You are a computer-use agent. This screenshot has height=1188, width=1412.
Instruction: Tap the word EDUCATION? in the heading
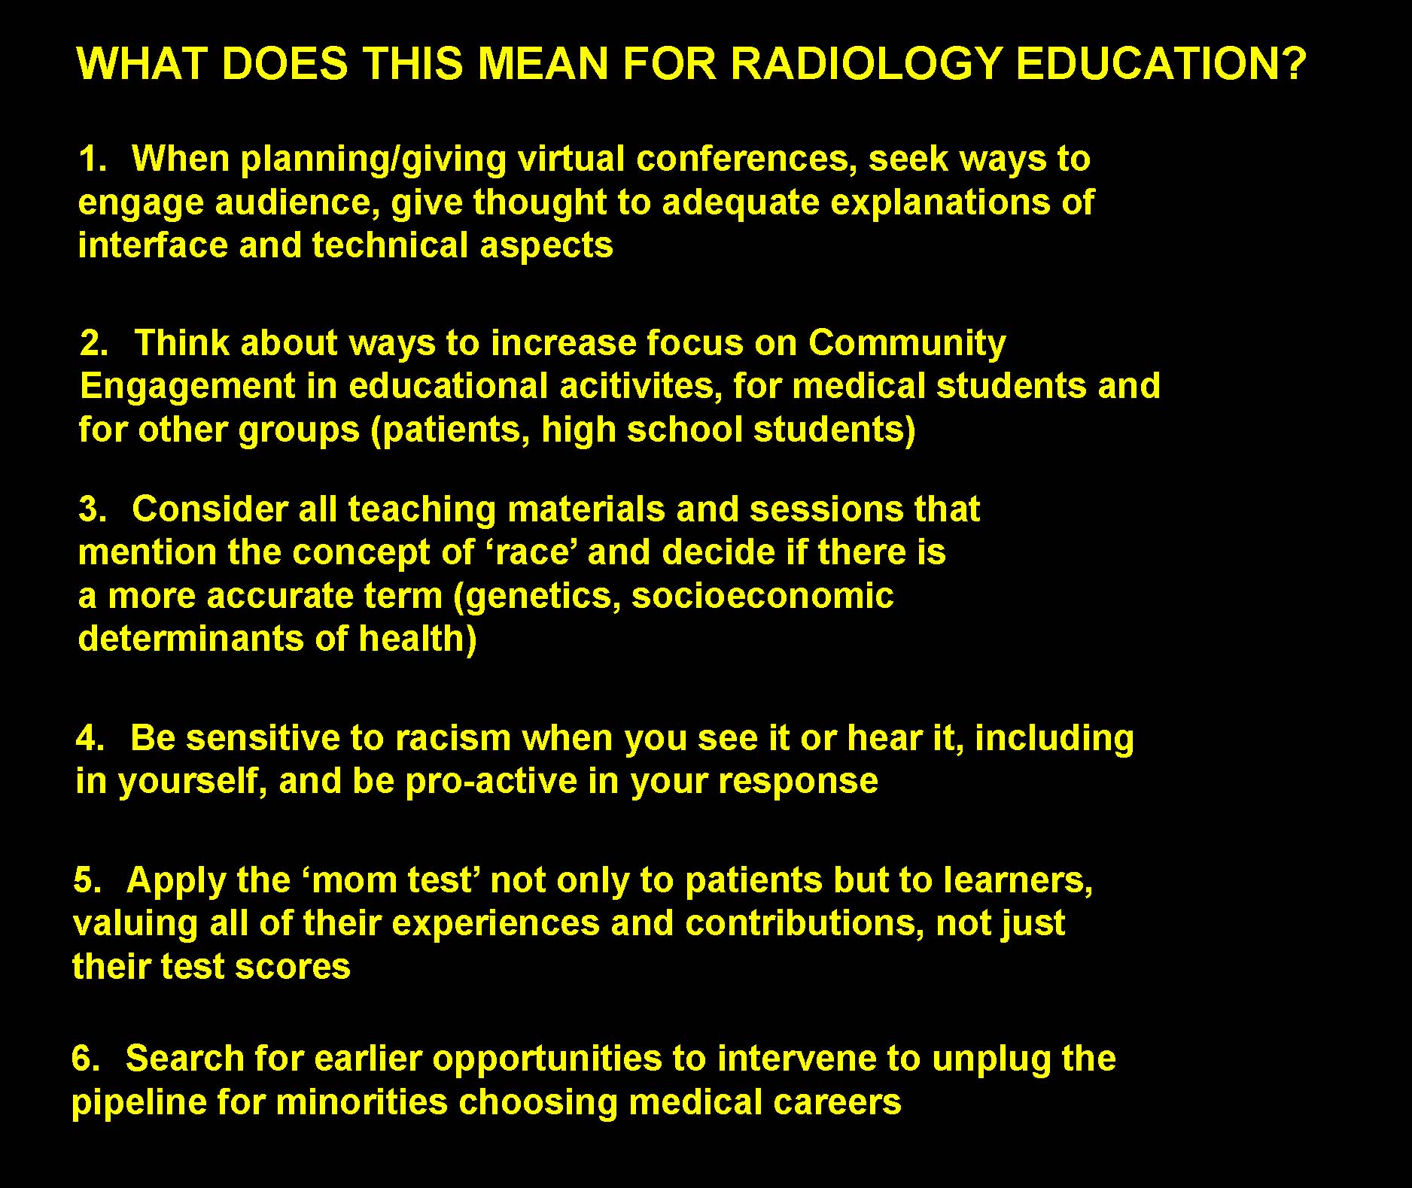[x=1159, y=64]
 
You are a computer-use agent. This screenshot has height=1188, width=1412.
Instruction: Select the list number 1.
[x=93, y=159]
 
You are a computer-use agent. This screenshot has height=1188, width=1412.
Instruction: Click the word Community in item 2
[x=907, y=344]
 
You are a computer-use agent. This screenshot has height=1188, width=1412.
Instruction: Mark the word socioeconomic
[x=762, y=596]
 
